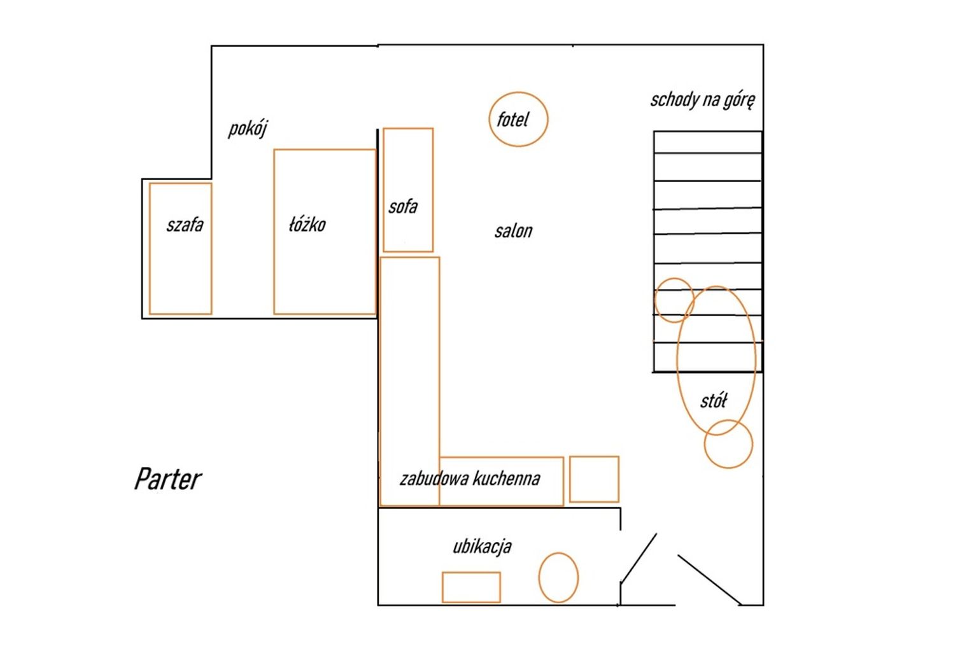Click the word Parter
coord(168,480)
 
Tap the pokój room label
coord(248,129)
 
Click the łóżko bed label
coord(307,225)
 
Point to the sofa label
coord(403,207)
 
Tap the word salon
coord(514,231)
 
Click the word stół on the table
coord(714,401)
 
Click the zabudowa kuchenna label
coord(470,479)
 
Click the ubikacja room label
coord(482,547)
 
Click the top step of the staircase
coord(707,142)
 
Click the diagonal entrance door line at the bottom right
coord(709,580)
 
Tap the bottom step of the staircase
coord(707,358)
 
